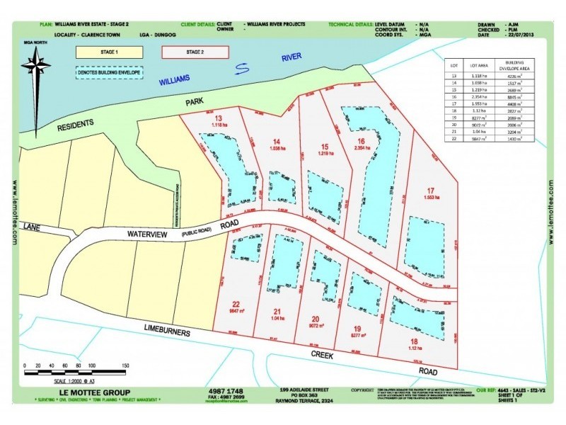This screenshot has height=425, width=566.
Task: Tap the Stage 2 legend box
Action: tap(195, 52)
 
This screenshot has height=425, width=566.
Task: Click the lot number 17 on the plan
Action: tap(430, 190)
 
